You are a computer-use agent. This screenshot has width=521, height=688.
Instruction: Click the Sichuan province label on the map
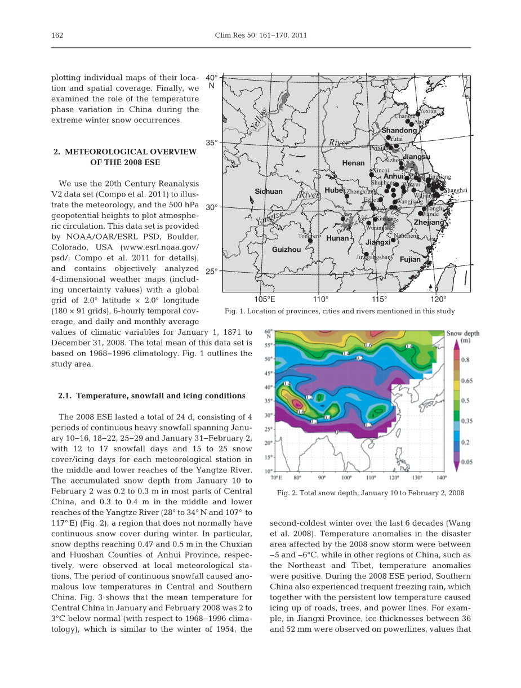(269, 192)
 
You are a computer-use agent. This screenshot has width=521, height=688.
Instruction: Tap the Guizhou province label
(286, 250)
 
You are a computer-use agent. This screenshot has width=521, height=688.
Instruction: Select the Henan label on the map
(353, 163)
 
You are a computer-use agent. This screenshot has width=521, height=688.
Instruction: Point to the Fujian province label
(410, 260)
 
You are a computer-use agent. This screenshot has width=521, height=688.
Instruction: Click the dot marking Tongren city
(310, 241)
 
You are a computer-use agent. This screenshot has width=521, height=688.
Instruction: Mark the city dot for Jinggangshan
(366, 254)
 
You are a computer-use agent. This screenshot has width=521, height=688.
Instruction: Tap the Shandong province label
(399, 131)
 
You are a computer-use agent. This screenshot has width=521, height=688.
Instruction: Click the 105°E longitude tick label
(264, 299)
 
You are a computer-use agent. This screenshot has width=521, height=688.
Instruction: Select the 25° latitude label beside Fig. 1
(211, 272)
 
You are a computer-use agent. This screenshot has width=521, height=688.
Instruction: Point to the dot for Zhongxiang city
(347, 196)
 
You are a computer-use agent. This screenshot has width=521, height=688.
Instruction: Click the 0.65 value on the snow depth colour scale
(467, 381)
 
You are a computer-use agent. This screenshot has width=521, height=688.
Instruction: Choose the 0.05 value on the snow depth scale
(467, 462)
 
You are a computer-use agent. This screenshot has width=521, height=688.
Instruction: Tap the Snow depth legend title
(462, 334)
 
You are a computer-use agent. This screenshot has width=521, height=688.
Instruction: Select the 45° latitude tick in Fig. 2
(268, 373)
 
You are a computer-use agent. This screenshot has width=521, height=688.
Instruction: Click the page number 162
(57, 35)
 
